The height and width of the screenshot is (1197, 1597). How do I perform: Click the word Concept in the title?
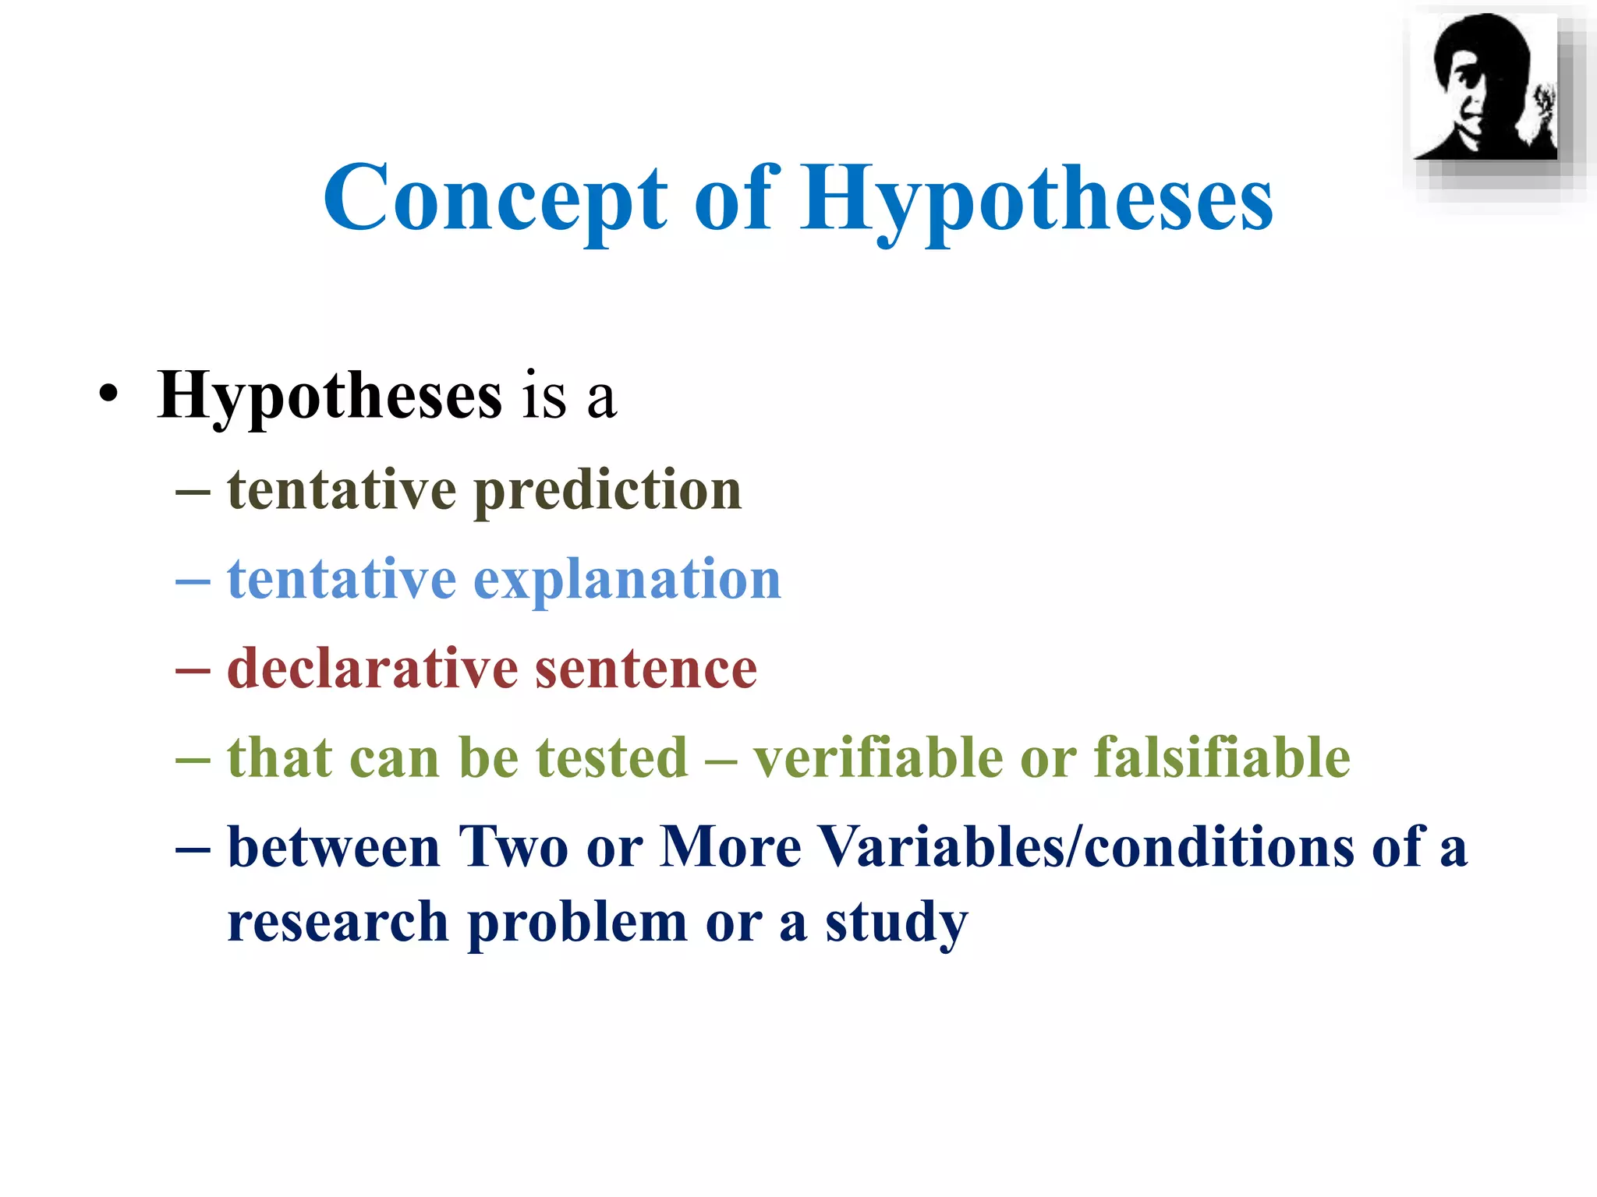pos(496,199)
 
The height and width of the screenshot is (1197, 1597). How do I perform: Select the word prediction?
pos(607,491)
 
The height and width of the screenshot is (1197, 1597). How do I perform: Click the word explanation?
pos(627,581)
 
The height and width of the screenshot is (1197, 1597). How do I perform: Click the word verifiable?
pos(876,757)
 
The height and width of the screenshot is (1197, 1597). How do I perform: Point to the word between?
pos(334,847)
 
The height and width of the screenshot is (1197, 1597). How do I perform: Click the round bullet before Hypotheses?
pos(109,394)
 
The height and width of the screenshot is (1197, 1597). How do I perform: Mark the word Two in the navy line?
pos(513,847)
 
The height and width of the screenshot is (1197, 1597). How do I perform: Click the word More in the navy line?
pos(731,847)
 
